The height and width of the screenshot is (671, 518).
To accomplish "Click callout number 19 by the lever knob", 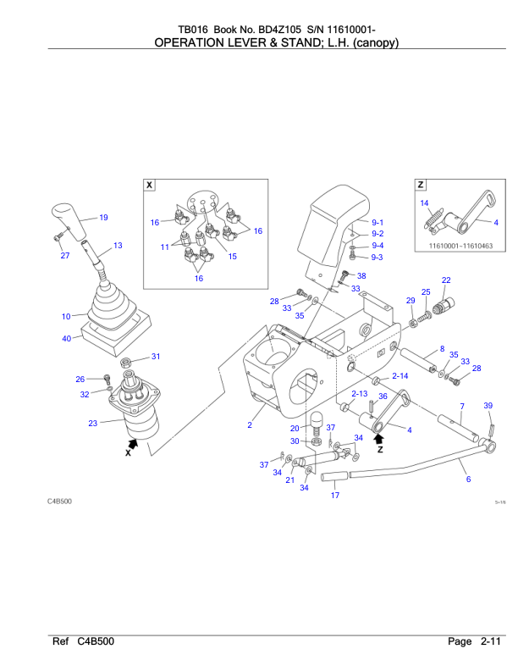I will click(103, 218).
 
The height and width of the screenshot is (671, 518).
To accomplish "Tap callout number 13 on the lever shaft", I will click(117, 245).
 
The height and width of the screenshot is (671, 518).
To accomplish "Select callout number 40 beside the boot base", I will click(66, 339).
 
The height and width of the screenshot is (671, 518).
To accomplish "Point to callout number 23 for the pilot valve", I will click(92, 423).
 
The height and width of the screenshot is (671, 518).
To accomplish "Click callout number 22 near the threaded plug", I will click(446, 280).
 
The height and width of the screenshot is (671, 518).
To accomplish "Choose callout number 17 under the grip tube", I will click(334, 496).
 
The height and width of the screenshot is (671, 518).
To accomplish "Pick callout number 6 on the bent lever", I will click(468, 480).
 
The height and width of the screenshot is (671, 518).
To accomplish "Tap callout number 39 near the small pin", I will click(488, 407).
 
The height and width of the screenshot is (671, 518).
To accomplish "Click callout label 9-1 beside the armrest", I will click(377, 222).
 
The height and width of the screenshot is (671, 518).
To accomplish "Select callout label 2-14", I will click(400, 374).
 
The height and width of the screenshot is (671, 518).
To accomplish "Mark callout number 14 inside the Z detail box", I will click(425, 202).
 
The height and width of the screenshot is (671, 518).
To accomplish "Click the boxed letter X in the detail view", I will click(150, 184).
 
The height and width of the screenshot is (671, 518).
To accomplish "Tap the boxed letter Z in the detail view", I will click(421, 184).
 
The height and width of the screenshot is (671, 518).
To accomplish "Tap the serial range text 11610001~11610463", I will click(457, 247).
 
